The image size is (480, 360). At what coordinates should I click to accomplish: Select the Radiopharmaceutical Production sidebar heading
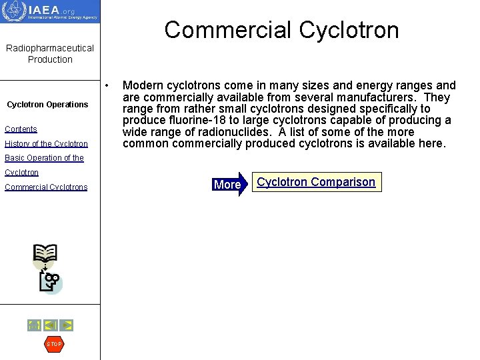pyautogui.click(x=50, y=53)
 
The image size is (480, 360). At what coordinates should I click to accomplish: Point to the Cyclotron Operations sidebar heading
pyautogui.click(x=47, y=104)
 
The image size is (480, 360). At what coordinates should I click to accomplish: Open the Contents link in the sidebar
pyautogui.click(x=21, y=129)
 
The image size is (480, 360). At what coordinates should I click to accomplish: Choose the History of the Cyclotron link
pyautogui.click(x=46, y=144)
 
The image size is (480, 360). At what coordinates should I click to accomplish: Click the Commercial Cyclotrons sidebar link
pyautogui.click(x=46, y=187)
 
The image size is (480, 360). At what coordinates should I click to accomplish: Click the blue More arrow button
pyautogui.click(x=229, y=184)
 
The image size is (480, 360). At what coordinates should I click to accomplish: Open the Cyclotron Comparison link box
pyautogui.click(x=316, y=182)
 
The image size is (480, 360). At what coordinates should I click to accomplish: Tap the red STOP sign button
pyautogui.click(x=53, y=344)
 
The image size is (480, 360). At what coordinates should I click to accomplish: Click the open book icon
pyautogui.click(x=45, y=254)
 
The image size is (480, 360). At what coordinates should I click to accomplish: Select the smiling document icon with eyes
pyautogui.click(x=50, y=282)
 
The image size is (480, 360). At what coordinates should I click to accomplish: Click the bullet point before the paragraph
pyautogui.click(x=107, y=86)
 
